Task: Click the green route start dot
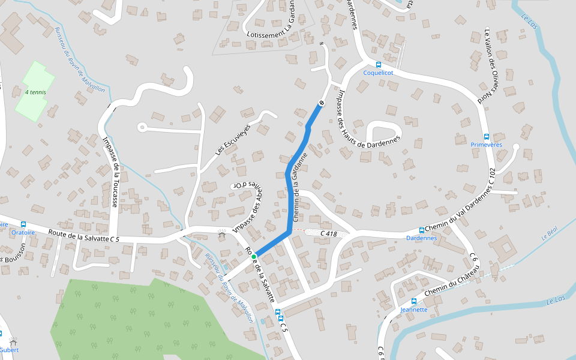pyautogui.click(x=254, y=257)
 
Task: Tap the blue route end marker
pyautogui.click(x=321, y=104)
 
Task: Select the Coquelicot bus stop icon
pyautogui.click(x=378, y=65)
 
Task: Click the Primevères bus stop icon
pyautogui.click(x=486, y=137)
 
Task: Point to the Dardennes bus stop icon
pyautogui.click(x=421, y=230)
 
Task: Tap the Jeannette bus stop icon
pyautogui.click(x=413, y=301)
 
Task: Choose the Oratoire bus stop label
pyautogui.click(x=23, y=232)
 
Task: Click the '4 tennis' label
pyautogui.click(x=35, y=92)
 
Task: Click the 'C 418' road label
pyautogui.click(x=329, y=233)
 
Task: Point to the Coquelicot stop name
pyautogui.click(x=378, y=73)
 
